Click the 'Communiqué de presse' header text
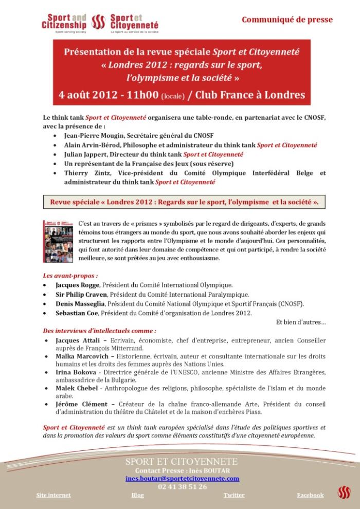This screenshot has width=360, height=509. tap(287, 20)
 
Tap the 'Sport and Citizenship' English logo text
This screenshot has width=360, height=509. tap(65, 22)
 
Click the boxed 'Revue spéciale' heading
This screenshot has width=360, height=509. tap(184, 202)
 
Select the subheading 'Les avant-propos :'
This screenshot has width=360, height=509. tap(70, 275)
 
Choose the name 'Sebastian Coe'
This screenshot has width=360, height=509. tap(78, 313)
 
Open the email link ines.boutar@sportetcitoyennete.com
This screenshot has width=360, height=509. tap(183, 478)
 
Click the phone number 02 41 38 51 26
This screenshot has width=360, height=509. tap(183, 486)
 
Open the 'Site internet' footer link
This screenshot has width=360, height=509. tap(53, 495)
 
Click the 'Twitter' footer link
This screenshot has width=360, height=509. tap(234, 495)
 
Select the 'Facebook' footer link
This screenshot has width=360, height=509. tap(310, 495)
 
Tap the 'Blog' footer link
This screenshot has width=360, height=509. tap(137, 495)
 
